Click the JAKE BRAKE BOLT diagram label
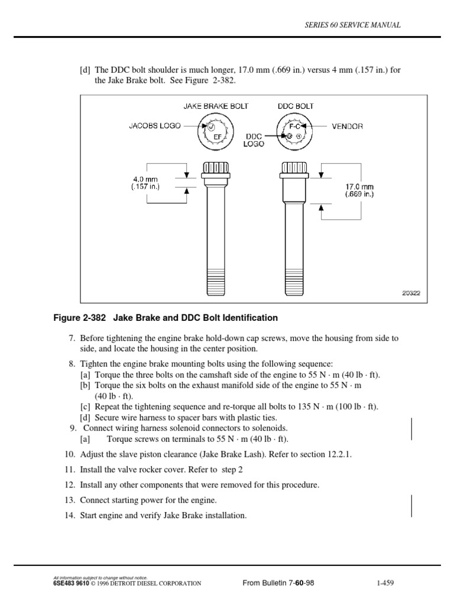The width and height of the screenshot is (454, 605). (216, 106)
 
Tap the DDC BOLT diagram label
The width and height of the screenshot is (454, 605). (296, 106)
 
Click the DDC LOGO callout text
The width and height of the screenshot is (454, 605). (255, 139)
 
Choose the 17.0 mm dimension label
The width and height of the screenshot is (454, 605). (360, 190)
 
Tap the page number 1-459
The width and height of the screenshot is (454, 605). (385, 584)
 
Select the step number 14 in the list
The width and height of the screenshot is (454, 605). (70, 516)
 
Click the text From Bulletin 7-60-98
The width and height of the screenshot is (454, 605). (278, 584)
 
